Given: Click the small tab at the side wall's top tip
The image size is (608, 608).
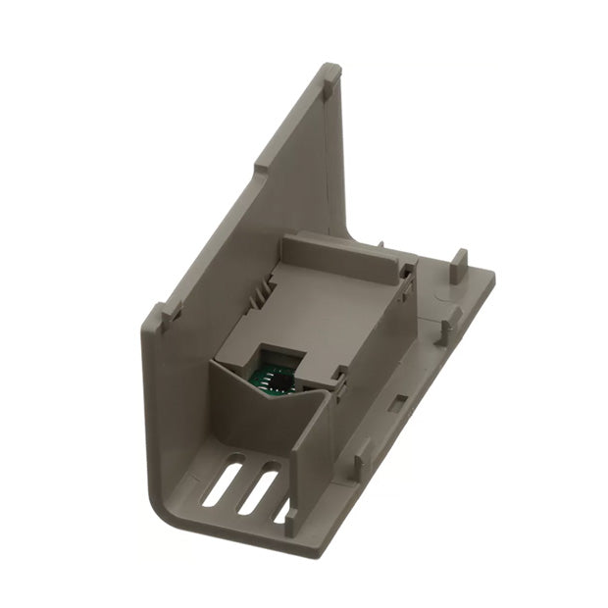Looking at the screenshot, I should pos(331,73).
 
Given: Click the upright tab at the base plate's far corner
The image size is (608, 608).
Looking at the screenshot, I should pos(459,263).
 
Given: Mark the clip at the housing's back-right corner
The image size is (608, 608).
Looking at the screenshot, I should pos(405,270).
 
